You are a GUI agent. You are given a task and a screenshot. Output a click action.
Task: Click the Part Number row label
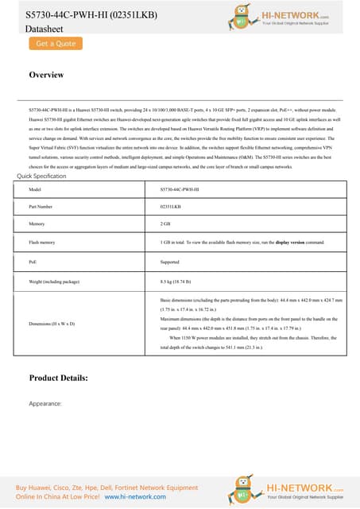[41, 207]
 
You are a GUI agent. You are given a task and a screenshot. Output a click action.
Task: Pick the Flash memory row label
[41, 242]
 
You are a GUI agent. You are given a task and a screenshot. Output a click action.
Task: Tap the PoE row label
[33, 259]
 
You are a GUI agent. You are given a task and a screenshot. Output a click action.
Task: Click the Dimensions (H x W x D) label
[52, 324]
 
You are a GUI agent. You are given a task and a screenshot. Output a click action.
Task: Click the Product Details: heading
[69, 377]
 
